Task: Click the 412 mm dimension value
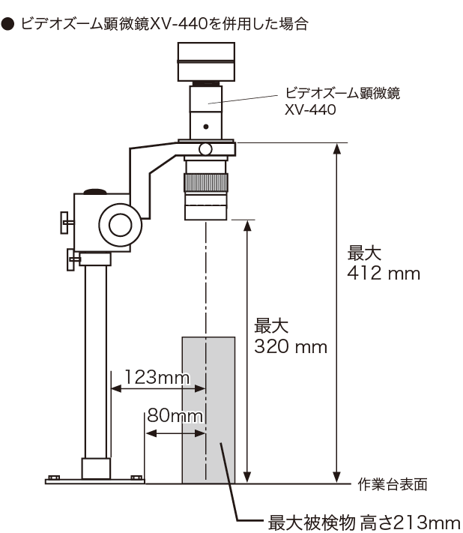tap(384, 274)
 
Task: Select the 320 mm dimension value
tap(291, 347)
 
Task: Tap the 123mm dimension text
tap(157, 376)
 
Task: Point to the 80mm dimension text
tap(175, 415)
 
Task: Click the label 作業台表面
tap(393, 484)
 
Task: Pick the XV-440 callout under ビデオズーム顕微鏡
tap(310, 109)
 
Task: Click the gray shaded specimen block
tap(208, 410)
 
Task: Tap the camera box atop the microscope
tap(206, 61)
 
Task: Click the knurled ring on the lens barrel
tap(206, 182)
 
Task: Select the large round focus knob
tap(121, 225)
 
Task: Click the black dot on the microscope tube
tap(206, 127)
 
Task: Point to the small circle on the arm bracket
tap(205, 149)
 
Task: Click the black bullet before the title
tap(7, 25)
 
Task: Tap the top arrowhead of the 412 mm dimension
tap(336, 148)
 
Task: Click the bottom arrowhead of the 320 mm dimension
tap(248, 478)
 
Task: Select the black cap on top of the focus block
tap(95, 191)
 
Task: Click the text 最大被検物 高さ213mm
tap(364, 522)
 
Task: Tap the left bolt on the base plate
tap(55, 478)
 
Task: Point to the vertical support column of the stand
tap(95, 361)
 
